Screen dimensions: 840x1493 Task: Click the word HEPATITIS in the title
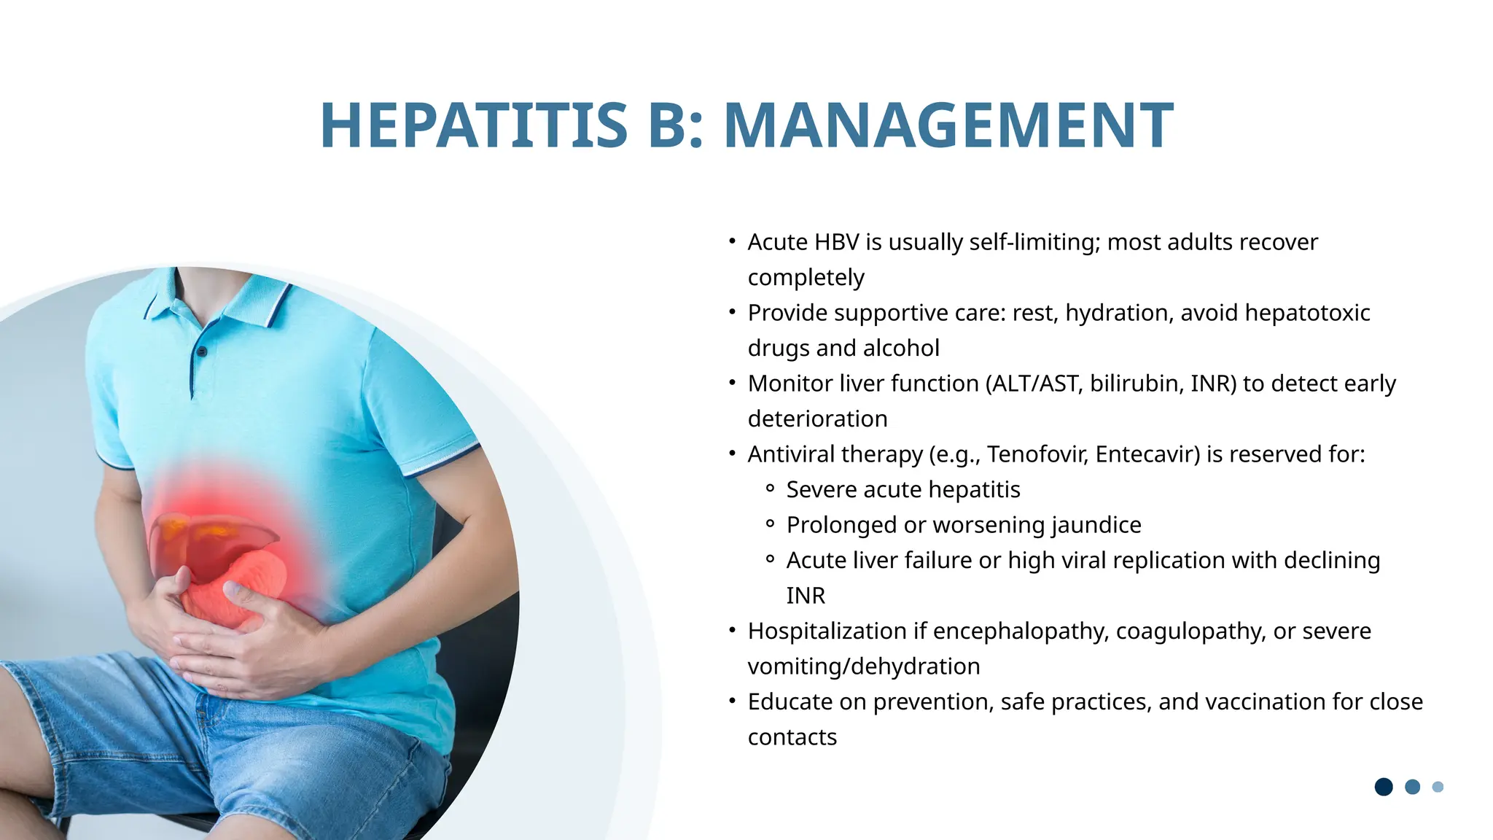(474, 125)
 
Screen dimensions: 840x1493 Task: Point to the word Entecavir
(1147, 454)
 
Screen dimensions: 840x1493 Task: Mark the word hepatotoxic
(1307, 313)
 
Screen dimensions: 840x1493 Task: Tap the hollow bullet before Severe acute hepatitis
(770, 489)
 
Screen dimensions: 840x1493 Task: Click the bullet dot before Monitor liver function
(732, 382)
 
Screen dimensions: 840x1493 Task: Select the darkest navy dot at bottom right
(1384, 787)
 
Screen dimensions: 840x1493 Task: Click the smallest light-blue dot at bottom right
(1438, 787)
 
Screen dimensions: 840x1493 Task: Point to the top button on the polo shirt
(202, 352)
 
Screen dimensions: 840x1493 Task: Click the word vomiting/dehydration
(864, 666)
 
